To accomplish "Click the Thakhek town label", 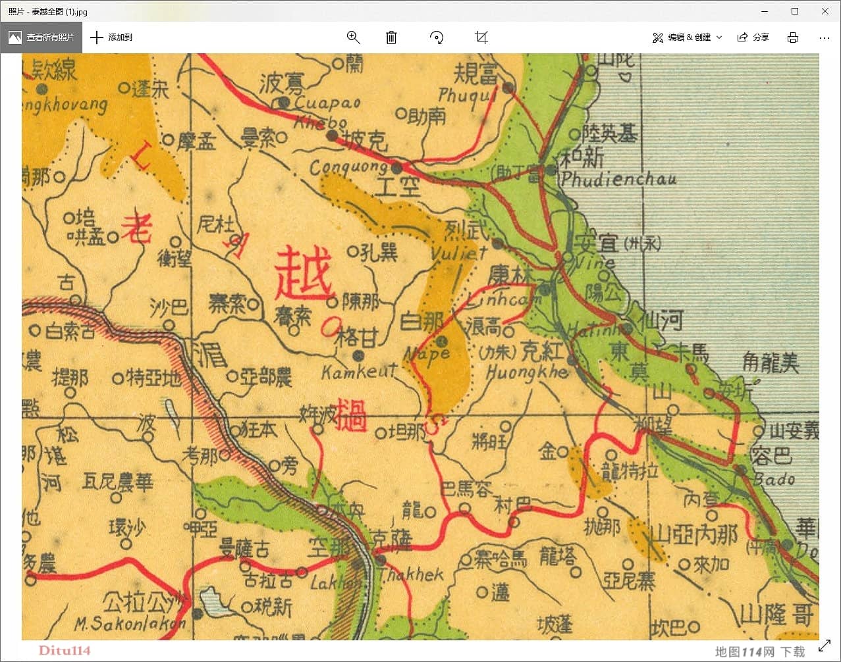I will coord(411,574).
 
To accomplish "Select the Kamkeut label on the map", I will coord(358,372).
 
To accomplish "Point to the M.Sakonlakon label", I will coord(129,624).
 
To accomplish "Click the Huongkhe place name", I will coord(526,372).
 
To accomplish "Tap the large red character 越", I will coord(304,274).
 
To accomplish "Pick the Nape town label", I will coord(427,354).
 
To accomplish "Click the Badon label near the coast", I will coord(774,479).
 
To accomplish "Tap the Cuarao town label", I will coord(327,103).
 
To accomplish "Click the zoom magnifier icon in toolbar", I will coord(354,38).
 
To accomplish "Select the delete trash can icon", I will coord(391,38).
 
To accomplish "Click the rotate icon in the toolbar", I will coord(436,38).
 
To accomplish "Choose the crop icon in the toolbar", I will coord(481,38).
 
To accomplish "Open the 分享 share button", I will coord(753,38).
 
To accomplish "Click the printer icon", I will coord(793,38).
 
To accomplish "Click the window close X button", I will coord(825,11).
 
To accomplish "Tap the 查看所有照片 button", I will coord(41,38).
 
